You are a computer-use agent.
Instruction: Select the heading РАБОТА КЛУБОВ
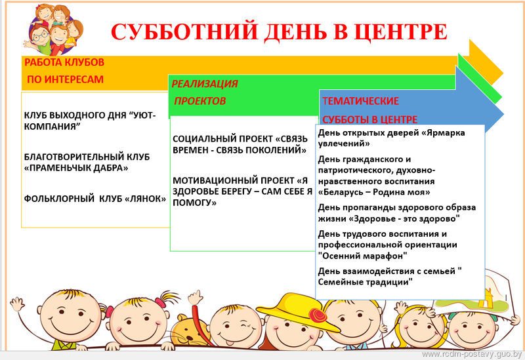[x=64, y=62]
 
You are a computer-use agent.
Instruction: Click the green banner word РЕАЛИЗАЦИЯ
[x=205, y=84]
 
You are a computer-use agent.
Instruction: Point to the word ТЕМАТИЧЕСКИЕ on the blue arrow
[x=360, y=101]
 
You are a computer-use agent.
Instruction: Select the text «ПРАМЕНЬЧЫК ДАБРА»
[x=76, y=168]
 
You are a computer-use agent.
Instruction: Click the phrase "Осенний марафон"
[x=363, y=256]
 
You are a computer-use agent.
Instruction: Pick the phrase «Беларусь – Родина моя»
[x=374, y=192]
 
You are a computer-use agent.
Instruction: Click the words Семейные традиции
[x=364, y=282]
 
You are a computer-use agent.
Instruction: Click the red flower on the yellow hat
[x=318, y=315]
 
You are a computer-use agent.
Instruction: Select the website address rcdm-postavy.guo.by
[x=472, y=354]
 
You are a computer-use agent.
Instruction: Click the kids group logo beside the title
[x=53, y=30]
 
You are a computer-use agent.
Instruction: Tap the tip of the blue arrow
[x=503, y=114]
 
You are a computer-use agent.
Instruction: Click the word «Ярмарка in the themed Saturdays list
[x=443, y=133]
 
